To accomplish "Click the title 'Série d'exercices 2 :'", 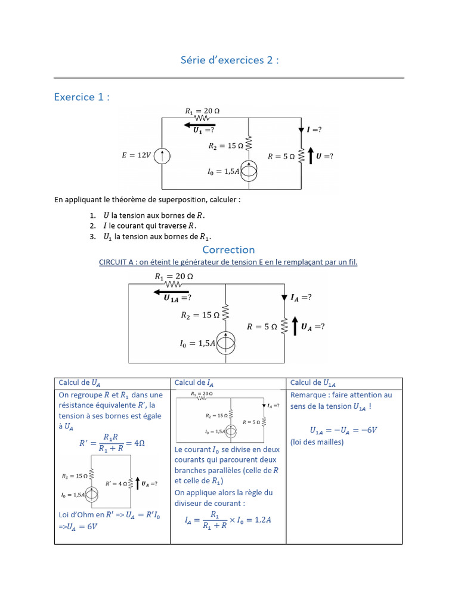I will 230,60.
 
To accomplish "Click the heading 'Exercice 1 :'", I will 82,97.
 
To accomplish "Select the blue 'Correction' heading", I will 228,249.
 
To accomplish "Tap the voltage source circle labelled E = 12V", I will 163,156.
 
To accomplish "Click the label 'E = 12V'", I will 137,156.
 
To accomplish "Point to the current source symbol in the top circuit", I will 249,172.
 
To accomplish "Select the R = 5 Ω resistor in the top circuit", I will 302,156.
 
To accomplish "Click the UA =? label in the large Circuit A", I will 313,326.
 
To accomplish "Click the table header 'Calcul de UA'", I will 83,383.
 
